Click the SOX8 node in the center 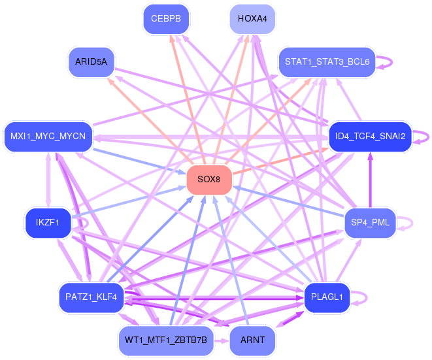point(209,180)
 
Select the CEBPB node point(166,19)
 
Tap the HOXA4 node point(252,19)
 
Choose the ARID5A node point(91,62)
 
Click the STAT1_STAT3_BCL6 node point(327,62)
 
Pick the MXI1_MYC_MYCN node point(48,137)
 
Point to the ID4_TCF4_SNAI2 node point(371,137)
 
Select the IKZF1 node point(48,223)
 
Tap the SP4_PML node point(371,223)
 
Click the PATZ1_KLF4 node point(91,297)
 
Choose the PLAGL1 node point(327,297)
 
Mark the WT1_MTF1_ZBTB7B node point(166,340)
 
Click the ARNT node point(252,340)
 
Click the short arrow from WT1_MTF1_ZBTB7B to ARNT point(222,341)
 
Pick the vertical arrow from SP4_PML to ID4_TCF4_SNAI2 point(371,180)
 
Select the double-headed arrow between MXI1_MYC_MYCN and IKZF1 point(48,180)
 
